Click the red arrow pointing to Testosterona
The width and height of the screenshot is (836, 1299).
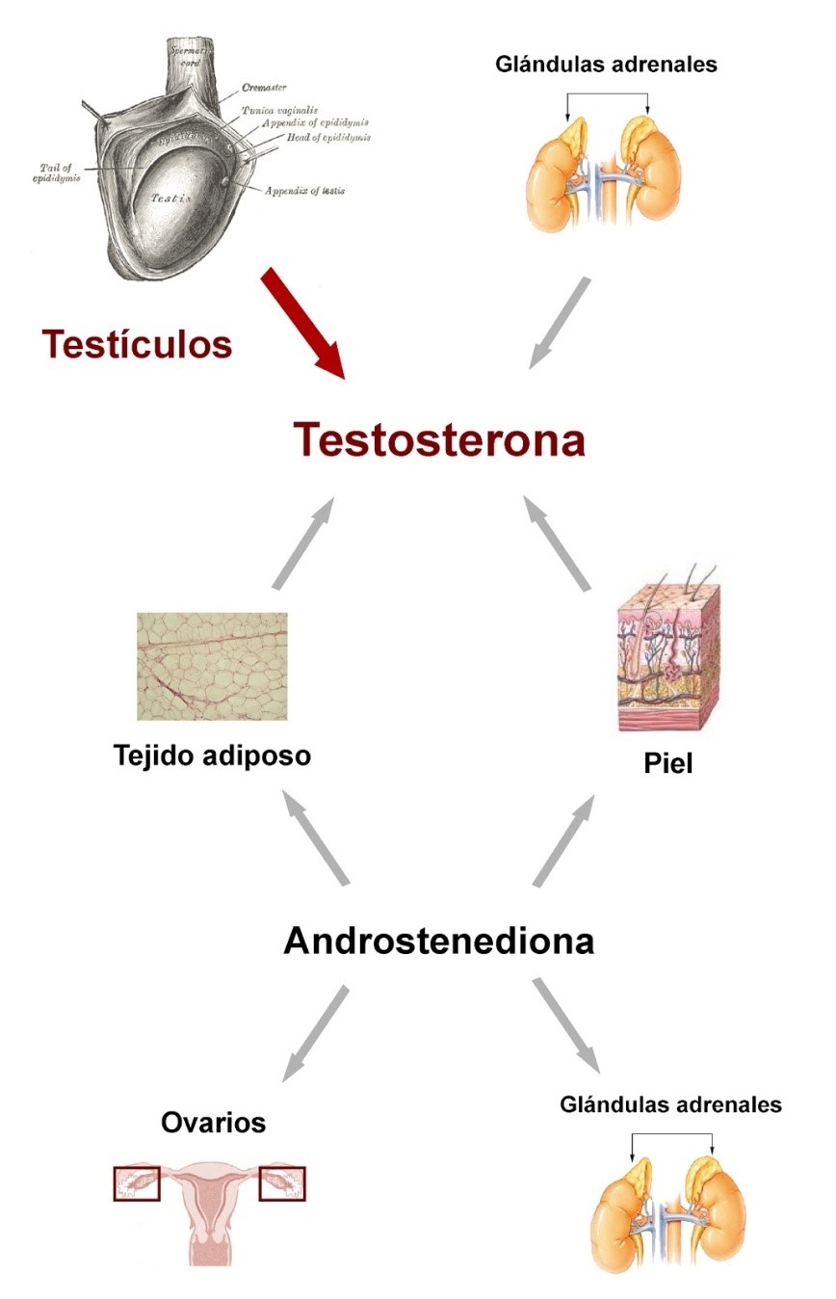[x=302, y=323]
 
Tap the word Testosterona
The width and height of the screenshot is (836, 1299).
[x=439, y=440]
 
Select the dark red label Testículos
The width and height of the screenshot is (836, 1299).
[x=137, y=344]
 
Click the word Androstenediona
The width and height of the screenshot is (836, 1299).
[x=438, y=941]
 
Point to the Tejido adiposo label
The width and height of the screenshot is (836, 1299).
[x=212, y=756]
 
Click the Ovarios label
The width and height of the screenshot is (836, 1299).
[x=214, y=1122]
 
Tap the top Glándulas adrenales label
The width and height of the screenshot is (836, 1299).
[x=606, y=65]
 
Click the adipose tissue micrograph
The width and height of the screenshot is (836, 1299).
[x=212, y=666]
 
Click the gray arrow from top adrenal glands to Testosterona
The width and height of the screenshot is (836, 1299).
[x=560, y=323]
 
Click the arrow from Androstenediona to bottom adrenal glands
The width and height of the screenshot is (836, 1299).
[x=566, y=1026]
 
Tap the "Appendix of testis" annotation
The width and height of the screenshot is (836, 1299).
[x=306, y=191]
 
